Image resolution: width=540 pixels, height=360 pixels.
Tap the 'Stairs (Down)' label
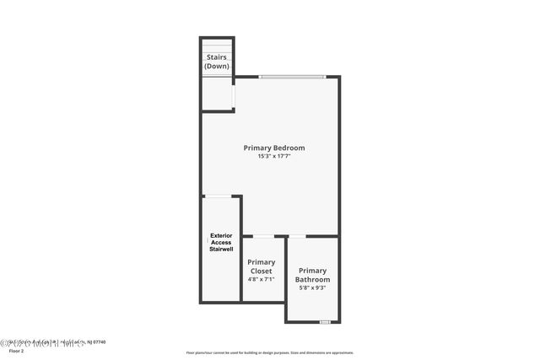coord(217,62)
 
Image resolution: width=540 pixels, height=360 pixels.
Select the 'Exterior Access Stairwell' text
coord(220,243)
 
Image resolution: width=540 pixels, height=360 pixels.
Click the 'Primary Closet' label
coord(261,266)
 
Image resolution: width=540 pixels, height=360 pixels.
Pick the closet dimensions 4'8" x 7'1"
coord(261,279)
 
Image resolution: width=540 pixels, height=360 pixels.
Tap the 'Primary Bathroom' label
coord(312,275)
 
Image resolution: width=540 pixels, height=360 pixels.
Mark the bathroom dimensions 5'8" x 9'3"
coord(312,287)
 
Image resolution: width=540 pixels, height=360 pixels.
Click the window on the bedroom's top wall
coord(292,77)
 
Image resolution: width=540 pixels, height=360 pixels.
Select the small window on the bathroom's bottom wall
coord(324,322)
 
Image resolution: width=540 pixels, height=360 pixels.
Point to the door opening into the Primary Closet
coord(263,236)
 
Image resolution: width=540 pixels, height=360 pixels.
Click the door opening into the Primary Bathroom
coord(297,236)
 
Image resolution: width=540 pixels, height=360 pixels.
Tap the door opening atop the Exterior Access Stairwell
coord(219,196)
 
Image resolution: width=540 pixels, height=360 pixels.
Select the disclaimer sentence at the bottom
coord(270,352)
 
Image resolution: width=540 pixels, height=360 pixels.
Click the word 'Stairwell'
coord(220,250)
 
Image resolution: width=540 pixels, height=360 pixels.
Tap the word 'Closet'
coord(261,271)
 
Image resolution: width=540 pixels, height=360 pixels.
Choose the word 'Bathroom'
coord(312,279)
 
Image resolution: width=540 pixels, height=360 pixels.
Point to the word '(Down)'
coord(217,66)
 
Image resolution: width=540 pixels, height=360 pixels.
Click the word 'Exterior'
coord(220,235)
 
